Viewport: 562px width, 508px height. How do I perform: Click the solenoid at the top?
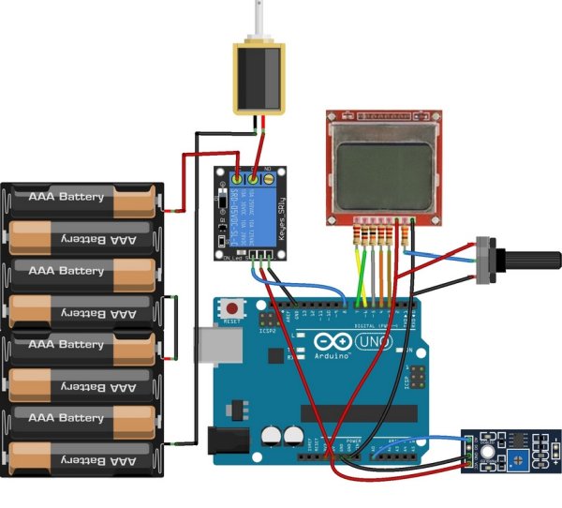tap(258, 77)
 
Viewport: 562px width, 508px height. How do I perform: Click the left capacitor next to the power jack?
tap(273, 437)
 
